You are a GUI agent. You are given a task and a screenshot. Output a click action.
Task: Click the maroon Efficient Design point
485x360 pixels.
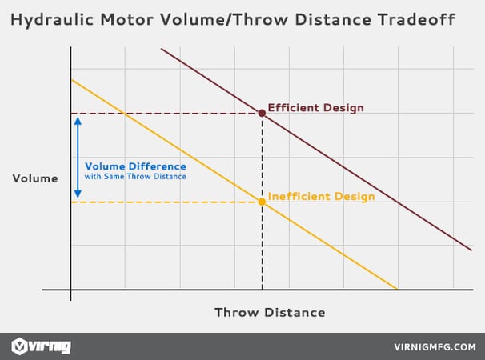tap(262, 113)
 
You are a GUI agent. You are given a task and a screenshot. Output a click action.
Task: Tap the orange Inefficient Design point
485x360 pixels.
tap(262, 202)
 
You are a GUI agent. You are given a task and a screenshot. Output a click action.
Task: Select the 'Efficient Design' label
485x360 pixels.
tap(315, 108)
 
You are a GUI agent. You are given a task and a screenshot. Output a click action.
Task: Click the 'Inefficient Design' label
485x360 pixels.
tap(321, 197)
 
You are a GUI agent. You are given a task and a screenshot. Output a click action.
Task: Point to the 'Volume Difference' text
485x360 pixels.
tap(135, 166)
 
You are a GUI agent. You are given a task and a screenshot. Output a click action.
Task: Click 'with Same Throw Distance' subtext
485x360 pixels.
tap(135, 177)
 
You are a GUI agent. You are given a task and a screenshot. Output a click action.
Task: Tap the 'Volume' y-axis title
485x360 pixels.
tap(35, 178)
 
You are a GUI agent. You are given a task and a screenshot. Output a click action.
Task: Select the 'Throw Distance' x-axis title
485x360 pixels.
tap(270, 312)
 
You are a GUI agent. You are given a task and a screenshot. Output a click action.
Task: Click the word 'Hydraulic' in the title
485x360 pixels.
tap(52, 20)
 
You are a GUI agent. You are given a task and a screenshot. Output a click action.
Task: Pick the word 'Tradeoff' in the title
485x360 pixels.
tap(416, 19)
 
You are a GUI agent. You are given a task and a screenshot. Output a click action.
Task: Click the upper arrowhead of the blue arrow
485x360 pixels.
tap(78, 121)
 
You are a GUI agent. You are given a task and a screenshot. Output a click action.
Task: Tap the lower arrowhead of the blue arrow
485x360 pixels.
tap(78, 194)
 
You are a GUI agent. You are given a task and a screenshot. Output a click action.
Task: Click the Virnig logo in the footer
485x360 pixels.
tap(41, 346)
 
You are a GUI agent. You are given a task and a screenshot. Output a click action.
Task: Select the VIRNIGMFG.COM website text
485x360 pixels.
tap(435, 347)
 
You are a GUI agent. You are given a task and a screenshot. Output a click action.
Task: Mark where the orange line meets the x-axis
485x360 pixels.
tap(397, 290)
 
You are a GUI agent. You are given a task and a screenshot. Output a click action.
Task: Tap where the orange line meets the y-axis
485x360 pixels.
tap(71, 79)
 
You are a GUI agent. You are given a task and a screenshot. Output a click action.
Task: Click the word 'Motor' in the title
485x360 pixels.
tap(127, 19)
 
